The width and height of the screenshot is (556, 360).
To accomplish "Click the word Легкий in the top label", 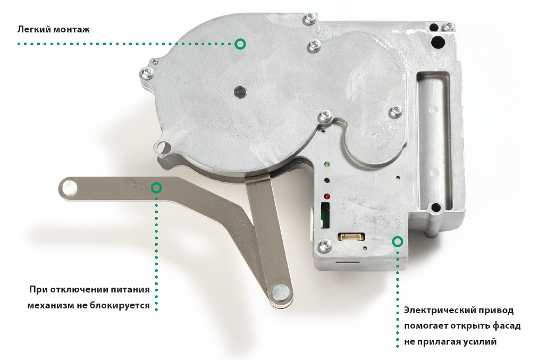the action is click(34, 29).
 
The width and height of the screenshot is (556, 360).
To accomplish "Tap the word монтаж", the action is click(72, 29).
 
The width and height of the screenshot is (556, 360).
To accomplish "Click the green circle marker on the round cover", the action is click(240, 44).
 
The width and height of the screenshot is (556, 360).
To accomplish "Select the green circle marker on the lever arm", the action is click(156, 188).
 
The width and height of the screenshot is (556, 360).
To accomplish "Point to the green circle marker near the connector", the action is click(398, 242).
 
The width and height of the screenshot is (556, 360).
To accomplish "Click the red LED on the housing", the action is click(326, 196).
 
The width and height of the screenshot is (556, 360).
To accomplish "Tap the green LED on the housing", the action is click(326, 164).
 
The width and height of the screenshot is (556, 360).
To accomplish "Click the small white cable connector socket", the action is click(351, 237).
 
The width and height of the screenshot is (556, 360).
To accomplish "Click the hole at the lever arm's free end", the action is click(69, 187).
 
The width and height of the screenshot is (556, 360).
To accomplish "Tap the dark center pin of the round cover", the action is click(240, 92).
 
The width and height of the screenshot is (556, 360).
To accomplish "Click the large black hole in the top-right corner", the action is click(438, 41).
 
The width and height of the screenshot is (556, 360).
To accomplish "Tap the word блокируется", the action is click(120, 305).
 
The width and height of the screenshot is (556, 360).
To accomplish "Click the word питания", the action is click(130, 289).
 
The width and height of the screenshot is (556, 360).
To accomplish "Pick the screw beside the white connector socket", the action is click(324, 246).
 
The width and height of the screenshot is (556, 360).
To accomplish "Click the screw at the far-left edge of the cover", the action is click(147, 74).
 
